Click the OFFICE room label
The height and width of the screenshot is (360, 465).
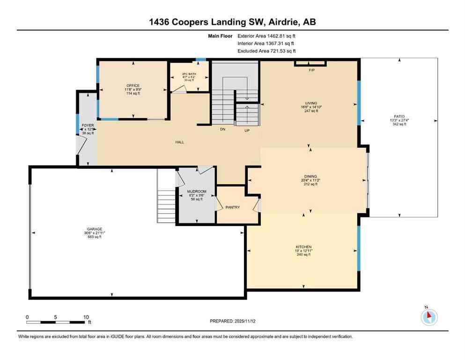132,86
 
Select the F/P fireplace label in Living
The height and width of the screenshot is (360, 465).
310,70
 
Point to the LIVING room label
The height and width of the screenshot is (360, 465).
311,103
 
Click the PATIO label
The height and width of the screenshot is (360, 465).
399,117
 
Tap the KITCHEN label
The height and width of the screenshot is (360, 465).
303,247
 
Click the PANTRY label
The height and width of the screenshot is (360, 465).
233,207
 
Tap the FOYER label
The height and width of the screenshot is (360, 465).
88,126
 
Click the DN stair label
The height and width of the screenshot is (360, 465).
223,130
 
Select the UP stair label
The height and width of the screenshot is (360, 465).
247,130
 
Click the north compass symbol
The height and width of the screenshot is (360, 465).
428,316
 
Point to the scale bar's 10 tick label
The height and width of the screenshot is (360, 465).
85,317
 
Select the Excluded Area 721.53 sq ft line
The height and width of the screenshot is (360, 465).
266,51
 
